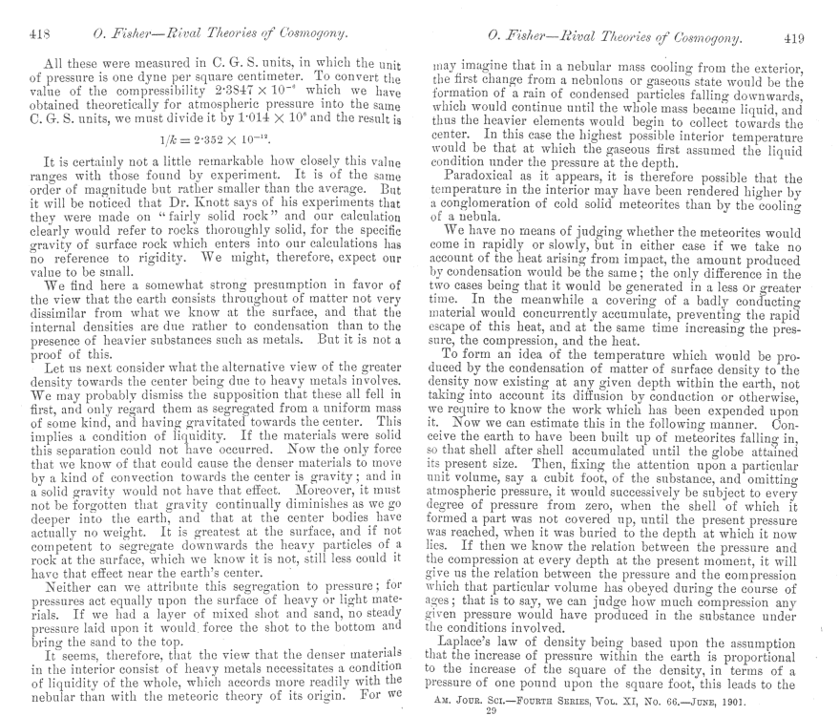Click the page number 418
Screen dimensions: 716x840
point(40,35)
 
